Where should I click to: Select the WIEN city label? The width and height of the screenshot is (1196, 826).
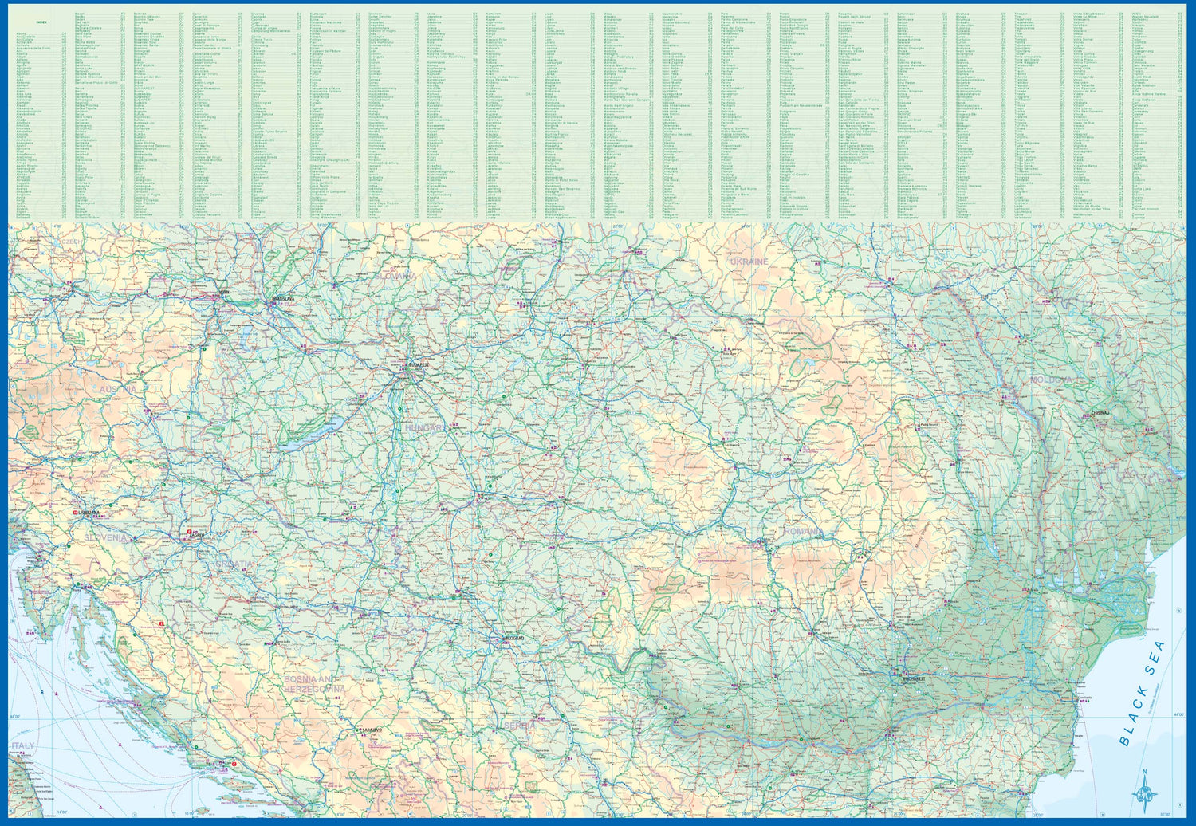coord(224,292)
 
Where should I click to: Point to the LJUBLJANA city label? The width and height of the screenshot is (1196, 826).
coord(88,513)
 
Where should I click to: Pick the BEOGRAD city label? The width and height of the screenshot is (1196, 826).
coord(516,639)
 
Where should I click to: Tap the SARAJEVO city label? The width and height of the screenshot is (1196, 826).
coord(369,730)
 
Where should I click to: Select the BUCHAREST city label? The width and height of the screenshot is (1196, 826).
coord(914,678)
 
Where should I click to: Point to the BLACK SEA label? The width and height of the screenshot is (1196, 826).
coord(1142,694)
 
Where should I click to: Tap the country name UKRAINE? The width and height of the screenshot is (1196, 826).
coord(749,262)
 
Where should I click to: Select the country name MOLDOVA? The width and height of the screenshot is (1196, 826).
coord(1051,380)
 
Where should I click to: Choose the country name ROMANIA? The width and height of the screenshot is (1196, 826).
coord(802,531)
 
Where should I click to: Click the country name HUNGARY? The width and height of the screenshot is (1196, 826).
coord(424,428)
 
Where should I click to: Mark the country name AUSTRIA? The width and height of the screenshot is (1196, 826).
coord(118,389)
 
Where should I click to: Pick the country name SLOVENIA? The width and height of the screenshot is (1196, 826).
coord(105,538)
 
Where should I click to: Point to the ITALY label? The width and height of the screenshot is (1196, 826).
coord(22,746)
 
